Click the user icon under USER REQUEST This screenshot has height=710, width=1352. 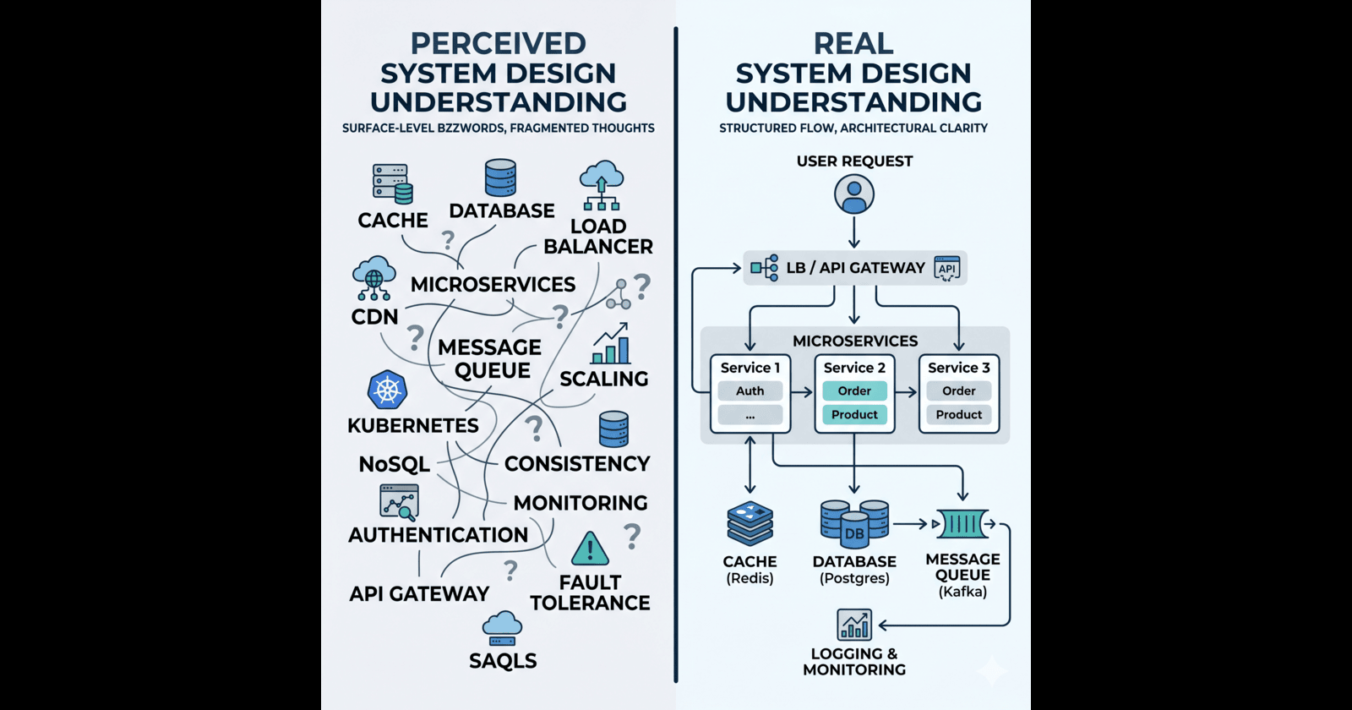pyautogui.click(x=854, y=194)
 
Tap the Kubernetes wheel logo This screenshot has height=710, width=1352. pyautogui.click(x=388, y=390)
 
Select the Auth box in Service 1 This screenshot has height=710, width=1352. pyautogui.click(x=750, y=390)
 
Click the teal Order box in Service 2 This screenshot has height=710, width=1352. pyautogui.click(x=854, y=390)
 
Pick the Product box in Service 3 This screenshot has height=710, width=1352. pyautogui.click(x=959, y=414)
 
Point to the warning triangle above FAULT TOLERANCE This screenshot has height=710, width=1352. pyautogui.click(x=590, y=548)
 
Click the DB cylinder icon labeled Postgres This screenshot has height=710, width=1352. pyautogui.click(x=854, y=523)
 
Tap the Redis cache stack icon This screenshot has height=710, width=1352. pyautogui.click(x=750, y=523)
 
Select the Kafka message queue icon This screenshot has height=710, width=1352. pyautogui.click(x=962, y=523)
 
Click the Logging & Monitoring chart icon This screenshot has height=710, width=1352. pyautogui.click(x=854, y=625)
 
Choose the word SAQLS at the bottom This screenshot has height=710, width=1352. pyautogui.click(x=503, y=660)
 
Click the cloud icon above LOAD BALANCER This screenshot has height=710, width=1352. pyautogui.click(x=601, y=185)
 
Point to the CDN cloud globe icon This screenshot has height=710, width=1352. pyautogui.click(x=374, y=278)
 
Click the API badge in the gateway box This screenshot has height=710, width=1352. pyautogui.click(x=947, y=268)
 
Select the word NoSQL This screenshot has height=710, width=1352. pyautogui.click(x=394, y=464)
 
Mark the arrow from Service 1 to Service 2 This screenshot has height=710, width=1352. pyautogui.click(x=802, y=392)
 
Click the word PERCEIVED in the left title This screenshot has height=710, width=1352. pyautogui.click(x=499, y=43)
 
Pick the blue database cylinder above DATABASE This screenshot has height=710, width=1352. pyautogui.click(x=500, y=177)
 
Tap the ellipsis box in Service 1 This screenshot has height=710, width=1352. pyautogui.click(x=750, y=415)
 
